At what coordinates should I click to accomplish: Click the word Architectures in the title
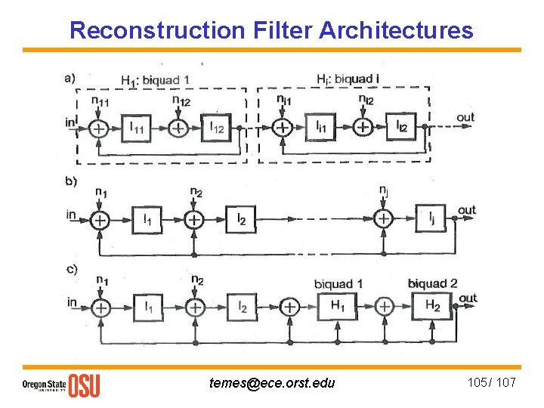coord(396,30)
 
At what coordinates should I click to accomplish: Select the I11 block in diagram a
coord(138,128)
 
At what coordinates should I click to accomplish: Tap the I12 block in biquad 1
coord(216,128)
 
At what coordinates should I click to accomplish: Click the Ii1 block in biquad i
coord(321,128)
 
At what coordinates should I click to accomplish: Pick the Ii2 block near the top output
coord(401,127)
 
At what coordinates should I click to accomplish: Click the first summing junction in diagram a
coord(98,128)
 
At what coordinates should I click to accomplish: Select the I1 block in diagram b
coord(148,219)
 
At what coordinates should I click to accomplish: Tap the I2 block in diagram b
coord(241,219)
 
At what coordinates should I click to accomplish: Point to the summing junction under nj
coord(384,218)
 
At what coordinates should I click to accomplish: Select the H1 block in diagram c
coord(337,306)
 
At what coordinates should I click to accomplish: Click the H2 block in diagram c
coord(431,306)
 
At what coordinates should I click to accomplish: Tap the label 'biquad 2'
coord(432,283)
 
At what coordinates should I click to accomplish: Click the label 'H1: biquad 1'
coord(155,80)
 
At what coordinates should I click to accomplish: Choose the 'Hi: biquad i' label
coord(348,79)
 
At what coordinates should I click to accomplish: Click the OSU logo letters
coord(84,385)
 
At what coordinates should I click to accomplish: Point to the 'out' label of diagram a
coord(465,117)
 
